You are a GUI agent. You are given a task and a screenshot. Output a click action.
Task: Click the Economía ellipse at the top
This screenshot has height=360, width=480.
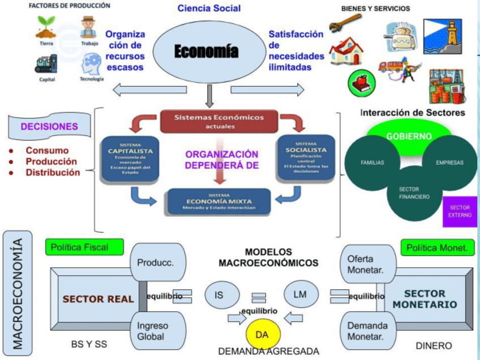[x=206, y=52]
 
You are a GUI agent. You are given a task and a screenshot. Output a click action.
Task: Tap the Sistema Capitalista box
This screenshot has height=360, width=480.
[x=130, y=158]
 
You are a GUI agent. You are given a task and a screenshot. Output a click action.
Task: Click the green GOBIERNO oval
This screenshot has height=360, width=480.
[x=409, y=136]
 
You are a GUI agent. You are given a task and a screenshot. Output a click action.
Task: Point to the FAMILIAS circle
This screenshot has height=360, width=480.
[x=372, y=162]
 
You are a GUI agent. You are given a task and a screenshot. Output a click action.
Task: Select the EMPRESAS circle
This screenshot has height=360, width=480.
[x=449, y=162]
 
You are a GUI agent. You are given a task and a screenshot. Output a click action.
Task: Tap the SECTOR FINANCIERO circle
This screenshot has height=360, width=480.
[x=413, y=193]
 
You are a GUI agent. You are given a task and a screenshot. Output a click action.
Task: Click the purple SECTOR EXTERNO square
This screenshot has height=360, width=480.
[x=460, y=212]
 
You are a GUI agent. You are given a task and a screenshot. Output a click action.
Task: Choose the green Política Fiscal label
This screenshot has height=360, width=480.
[x=85, y=247]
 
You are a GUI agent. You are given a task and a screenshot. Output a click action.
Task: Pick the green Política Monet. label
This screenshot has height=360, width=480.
[x=437, y=247]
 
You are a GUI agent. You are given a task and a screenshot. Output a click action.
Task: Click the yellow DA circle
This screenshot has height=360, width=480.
[x=262, y=335]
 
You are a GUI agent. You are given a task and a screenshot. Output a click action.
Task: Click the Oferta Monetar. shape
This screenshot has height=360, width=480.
[x=365, y=264]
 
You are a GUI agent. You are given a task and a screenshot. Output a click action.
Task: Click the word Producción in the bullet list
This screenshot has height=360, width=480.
[x=52, y=161]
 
